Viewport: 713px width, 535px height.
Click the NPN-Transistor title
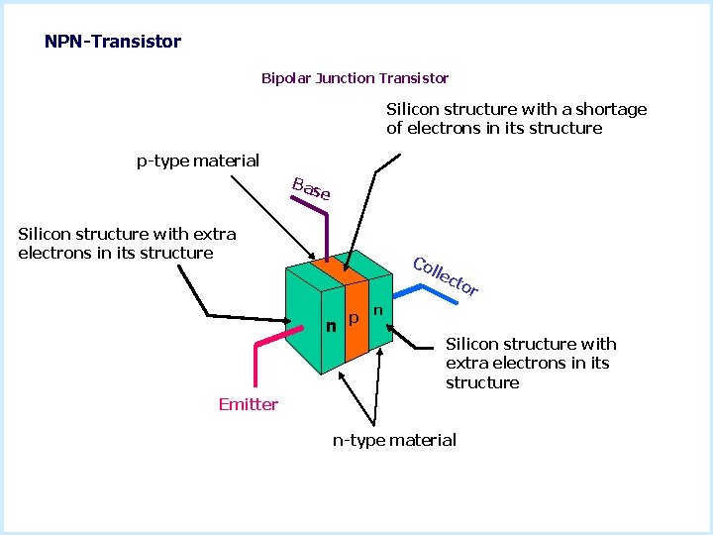[113, 42]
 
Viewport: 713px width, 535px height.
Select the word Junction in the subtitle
[344, 77]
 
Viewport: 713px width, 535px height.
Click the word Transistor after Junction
[414, 77]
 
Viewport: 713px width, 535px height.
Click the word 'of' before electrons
[395, 128]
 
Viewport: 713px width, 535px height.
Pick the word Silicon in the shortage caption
[413, 109]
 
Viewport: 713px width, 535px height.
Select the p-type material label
[198, 160]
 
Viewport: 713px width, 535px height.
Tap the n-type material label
[394, 440]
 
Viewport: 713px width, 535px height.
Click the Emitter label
[248, 404]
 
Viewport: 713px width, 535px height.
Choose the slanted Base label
[311, 188]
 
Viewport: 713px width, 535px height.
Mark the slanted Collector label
[446, 276]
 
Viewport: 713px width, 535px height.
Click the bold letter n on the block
[332, 324]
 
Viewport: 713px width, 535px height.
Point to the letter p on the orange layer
[354, 320]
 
